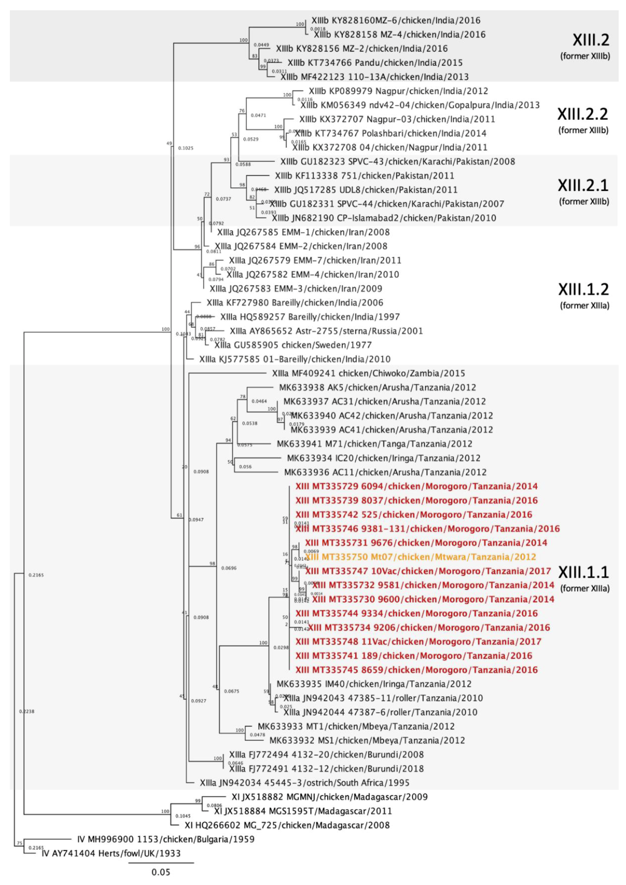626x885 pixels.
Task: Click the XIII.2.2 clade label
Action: [x=582, y=114]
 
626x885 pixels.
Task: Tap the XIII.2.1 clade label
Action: [x=583, y=185]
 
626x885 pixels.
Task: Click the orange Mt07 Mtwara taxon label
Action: [x=421, y=557]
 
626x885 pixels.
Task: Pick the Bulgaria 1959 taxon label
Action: [x=166, y=839]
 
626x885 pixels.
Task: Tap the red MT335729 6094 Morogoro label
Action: [x=416, y=486]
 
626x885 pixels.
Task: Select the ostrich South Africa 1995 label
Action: [x=305, y=783]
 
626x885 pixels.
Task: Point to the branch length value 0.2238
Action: [x=27, y=711]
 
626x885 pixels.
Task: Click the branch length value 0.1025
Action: [x=186, y=148]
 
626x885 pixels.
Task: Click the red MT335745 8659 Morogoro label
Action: [x=416, y=670]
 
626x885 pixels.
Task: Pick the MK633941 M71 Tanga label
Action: [x=374, y=444]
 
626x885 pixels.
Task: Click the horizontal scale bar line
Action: [x=161, y=863]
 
